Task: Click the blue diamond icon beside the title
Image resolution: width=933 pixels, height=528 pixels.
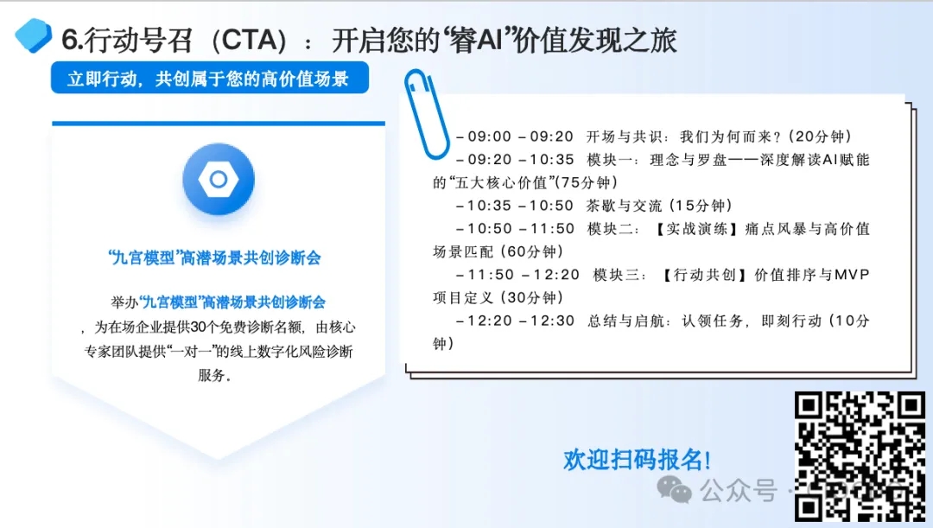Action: point(34,35)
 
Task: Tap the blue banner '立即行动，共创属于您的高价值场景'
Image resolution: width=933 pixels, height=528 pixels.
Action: point(209,78)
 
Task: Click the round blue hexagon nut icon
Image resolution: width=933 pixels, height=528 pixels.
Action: point(219,179)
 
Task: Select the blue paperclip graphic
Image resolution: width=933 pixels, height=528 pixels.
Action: point(426,114)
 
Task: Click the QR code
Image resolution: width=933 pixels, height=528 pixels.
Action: point(860,456)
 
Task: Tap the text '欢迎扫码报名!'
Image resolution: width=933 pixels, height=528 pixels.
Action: point(637,460)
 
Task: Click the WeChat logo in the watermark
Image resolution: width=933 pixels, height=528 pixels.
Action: point(674,490)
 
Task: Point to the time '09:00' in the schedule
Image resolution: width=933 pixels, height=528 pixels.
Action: point(490,137)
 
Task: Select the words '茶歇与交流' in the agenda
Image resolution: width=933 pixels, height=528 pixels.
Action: point(624,206)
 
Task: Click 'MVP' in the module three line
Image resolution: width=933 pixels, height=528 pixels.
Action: point(852,275)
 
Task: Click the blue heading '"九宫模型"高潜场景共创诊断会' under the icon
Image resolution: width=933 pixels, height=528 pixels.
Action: point(214,258)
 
